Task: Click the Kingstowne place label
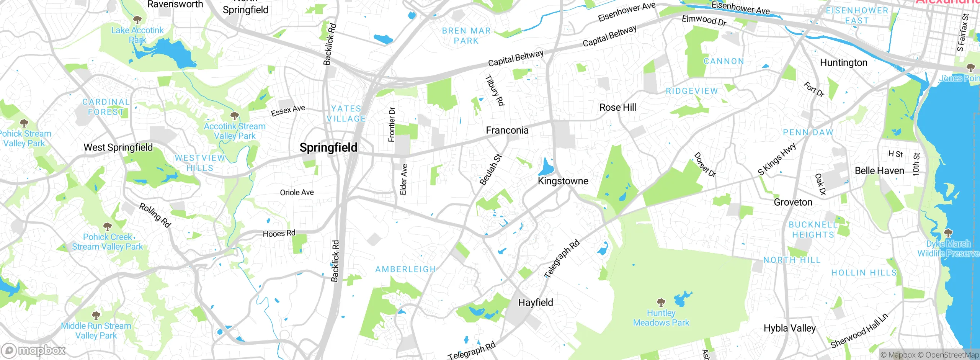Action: [563, 181]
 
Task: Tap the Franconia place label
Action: [507, 131]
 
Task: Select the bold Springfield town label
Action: [328, 147]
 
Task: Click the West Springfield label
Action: [118, 147]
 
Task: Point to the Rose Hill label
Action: [617, 108]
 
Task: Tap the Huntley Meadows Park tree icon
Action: [661, 303]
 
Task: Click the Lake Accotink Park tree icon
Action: [137, 20]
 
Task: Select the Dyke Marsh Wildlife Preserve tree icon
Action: [948, 233]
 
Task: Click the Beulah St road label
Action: [491, 170]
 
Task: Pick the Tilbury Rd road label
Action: [495, 90]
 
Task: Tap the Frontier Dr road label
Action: [391, 124]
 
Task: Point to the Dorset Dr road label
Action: [705, 165]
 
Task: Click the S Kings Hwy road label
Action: [777, 159]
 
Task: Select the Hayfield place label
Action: [535, 303]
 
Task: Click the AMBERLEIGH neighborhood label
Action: [405, 270]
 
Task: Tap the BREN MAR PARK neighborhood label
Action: [466, 36]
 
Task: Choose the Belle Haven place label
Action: [879, 171]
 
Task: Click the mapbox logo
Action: [34, 350]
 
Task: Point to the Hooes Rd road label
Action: [279, 233]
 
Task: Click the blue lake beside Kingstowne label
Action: [546, 168]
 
